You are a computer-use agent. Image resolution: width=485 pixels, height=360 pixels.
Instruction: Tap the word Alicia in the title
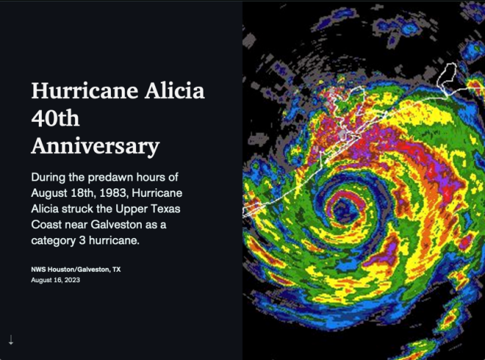(174, 90)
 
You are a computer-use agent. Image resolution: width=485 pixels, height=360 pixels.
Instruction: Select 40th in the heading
(55, 118)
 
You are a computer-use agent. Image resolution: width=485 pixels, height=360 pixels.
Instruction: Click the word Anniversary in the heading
(96, 147)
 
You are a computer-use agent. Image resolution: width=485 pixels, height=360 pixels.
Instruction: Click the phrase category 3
(58, 240)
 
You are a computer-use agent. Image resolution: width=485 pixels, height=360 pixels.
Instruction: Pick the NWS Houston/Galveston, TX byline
(75, 270)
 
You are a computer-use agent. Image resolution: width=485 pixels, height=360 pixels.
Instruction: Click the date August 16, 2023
(55, 280)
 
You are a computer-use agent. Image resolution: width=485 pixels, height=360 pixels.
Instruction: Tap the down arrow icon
(11, 339)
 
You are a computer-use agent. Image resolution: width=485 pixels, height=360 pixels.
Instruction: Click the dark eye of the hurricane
(344, 209)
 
